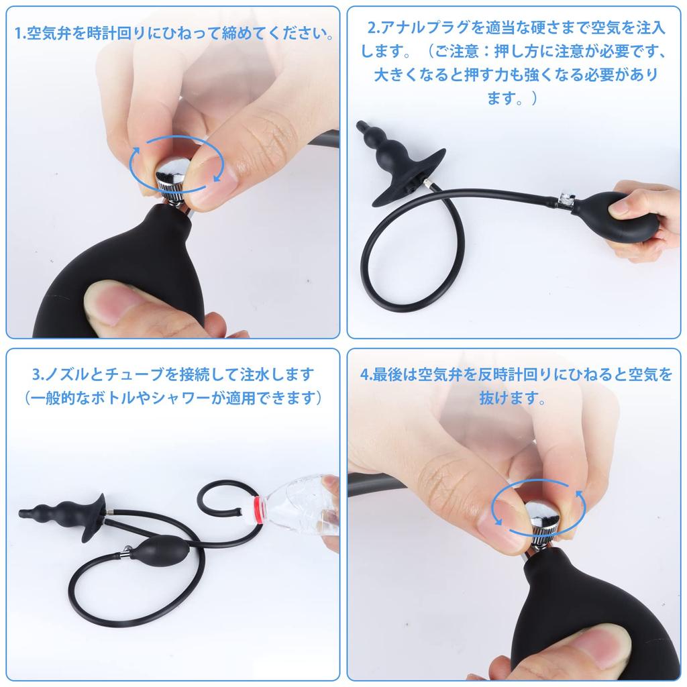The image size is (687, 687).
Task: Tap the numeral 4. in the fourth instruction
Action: [366, 374]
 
